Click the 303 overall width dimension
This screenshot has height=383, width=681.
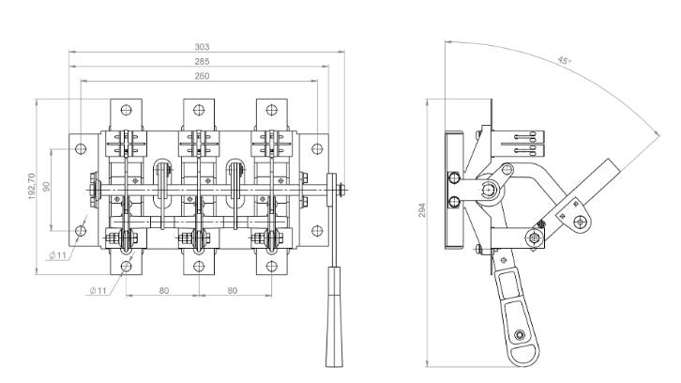point(202,46)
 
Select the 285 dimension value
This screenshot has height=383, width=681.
point(202,61)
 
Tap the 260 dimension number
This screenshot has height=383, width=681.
point(202,76)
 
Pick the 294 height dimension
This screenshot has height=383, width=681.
point(422,211)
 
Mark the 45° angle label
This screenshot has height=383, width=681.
point(564,61)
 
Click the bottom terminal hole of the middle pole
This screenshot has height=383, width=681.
point(199,265)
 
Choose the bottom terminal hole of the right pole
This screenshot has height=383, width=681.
point(273,265)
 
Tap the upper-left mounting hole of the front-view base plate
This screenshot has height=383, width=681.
point(82,147)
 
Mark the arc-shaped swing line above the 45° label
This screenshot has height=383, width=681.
point(600,84)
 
